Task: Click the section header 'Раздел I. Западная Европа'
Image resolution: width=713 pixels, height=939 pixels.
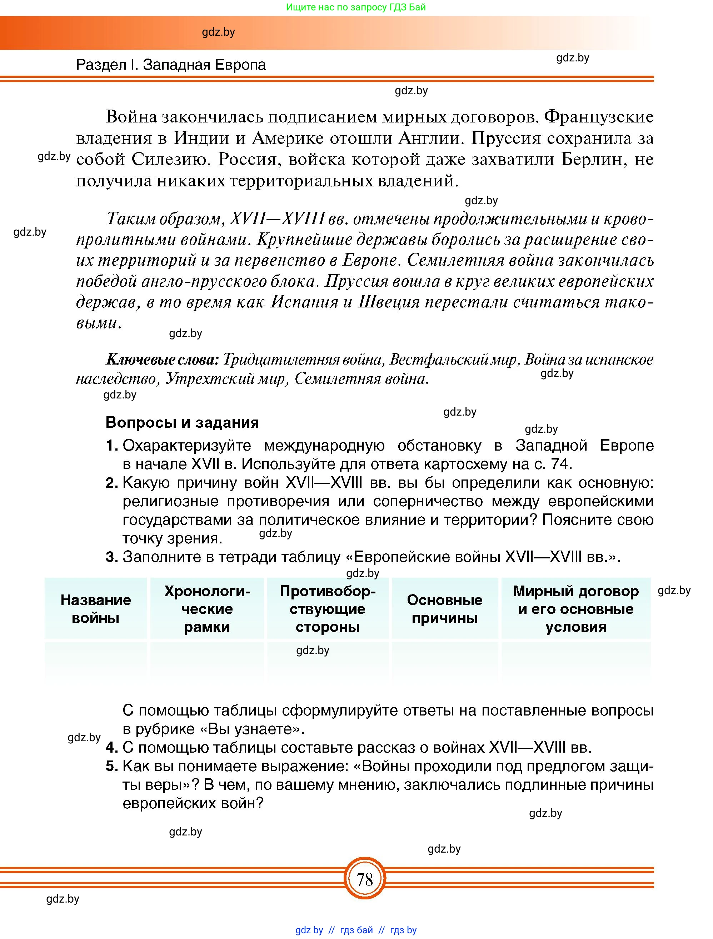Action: coord(171,65)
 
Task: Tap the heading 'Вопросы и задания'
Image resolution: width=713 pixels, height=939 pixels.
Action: coord(182,422)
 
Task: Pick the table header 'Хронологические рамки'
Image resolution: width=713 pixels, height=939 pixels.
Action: coord(207,609)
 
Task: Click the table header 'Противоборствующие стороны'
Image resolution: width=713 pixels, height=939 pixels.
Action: coord(328,609)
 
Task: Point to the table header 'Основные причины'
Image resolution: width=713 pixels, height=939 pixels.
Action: coord(445,609)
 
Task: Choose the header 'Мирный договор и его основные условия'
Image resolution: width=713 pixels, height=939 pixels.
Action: coord(575,609)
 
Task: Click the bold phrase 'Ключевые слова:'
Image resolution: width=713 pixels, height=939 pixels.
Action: coord(162,360)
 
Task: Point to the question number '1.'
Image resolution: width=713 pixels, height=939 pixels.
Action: coord(112,446)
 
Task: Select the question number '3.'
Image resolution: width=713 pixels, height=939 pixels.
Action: coord(112,557)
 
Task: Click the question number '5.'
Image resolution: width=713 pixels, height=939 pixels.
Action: coord(112,766)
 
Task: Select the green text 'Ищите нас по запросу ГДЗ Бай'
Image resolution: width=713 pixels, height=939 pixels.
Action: coord(356,7)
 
